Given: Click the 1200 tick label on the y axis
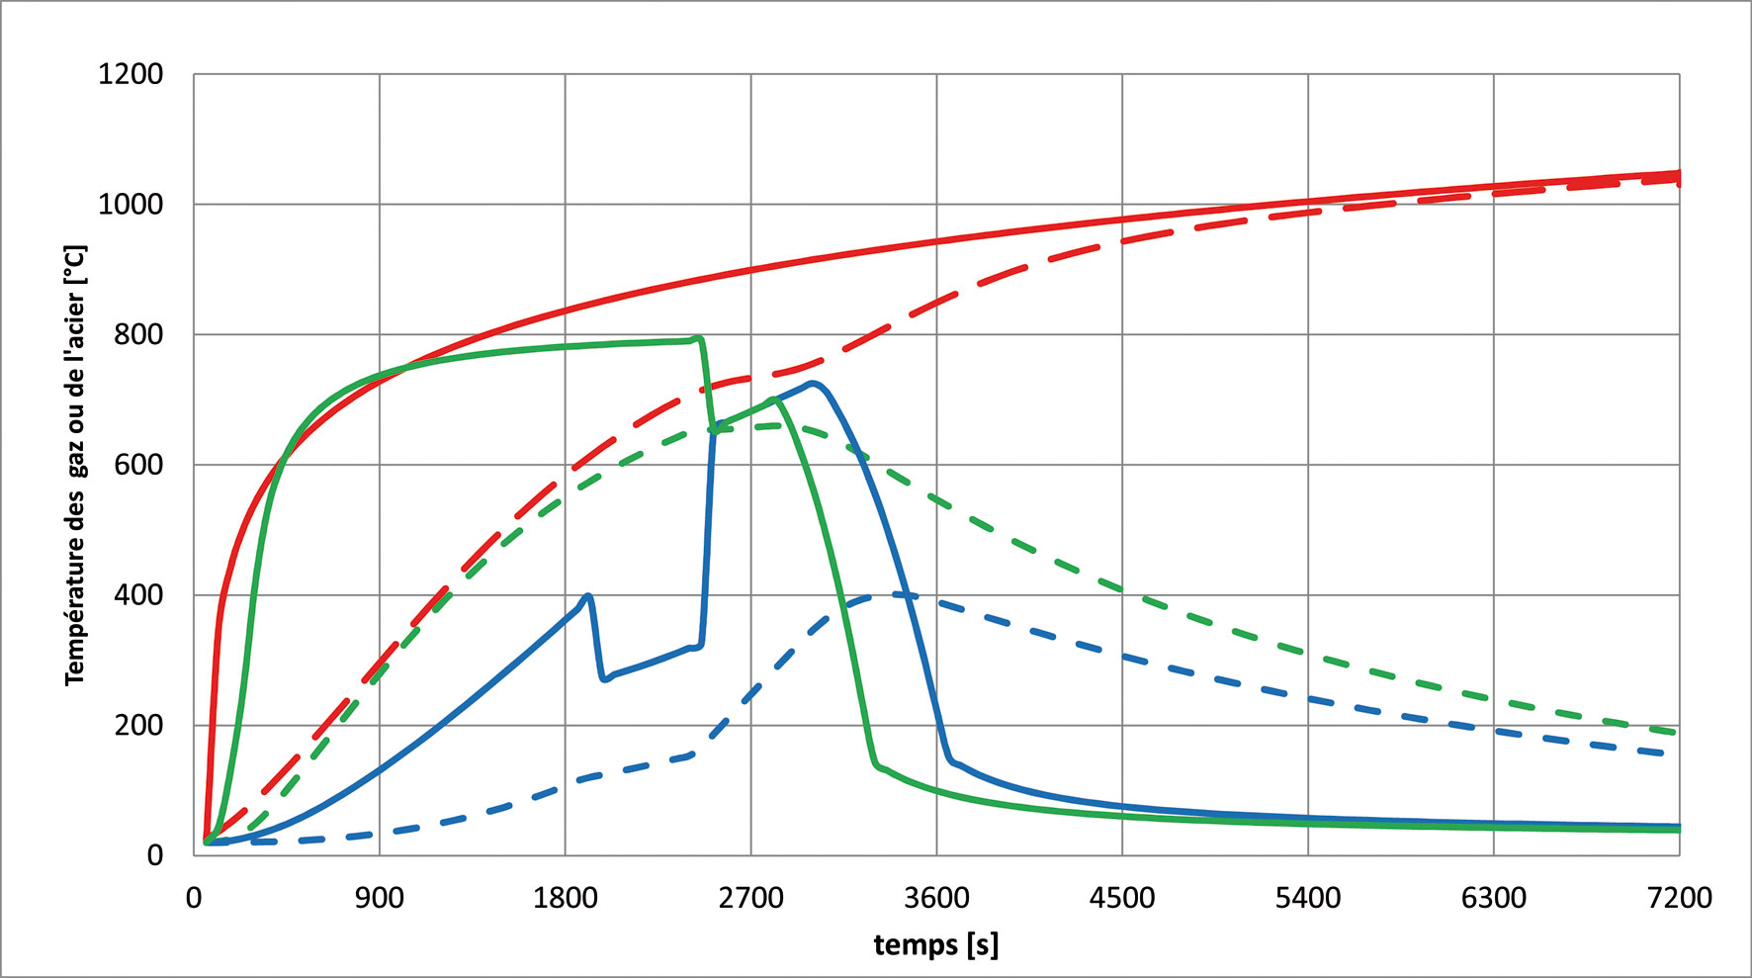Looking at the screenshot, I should pos(131,74).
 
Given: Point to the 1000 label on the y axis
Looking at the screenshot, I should pos(131,205).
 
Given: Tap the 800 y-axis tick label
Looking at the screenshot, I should pos(138,335).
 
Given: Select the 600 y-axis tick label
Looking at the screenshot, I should pos(138,465).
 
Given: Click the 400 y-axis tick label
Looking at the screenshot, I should pos(138,595).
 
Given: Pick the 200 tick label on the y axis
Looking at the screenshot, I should pos(138,726).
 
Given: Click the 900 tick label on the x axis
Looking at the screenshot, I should pos(380,898).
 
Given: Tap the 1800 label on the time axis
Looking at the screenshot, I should pos(565,898).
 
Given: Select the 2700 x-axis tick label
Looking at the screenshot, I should pos(750,898).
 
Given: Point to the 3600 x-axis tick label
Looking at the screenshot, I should pos(936,898).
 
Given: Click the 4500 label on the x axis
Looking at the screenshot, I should pos(1122,898).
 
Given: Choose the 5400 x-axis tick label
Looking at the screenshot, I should pos(1308,898).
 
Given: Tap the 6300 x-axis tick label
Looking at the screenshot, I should pos(1494,898).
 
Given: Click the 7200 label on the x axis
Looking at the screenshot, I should pos(1680,898).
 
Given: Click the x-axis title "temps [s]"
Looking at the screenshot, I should pos(936,945).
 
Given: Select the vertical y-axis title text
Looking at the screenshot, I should pos(75,465).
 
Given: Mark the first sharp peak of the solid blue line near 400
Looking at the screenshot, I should pos(589,595).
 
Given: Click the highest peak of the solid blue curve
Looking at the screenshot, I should pos(813,383).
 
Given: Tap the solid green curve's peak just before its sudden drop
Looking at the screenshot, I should pos(699,337).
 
